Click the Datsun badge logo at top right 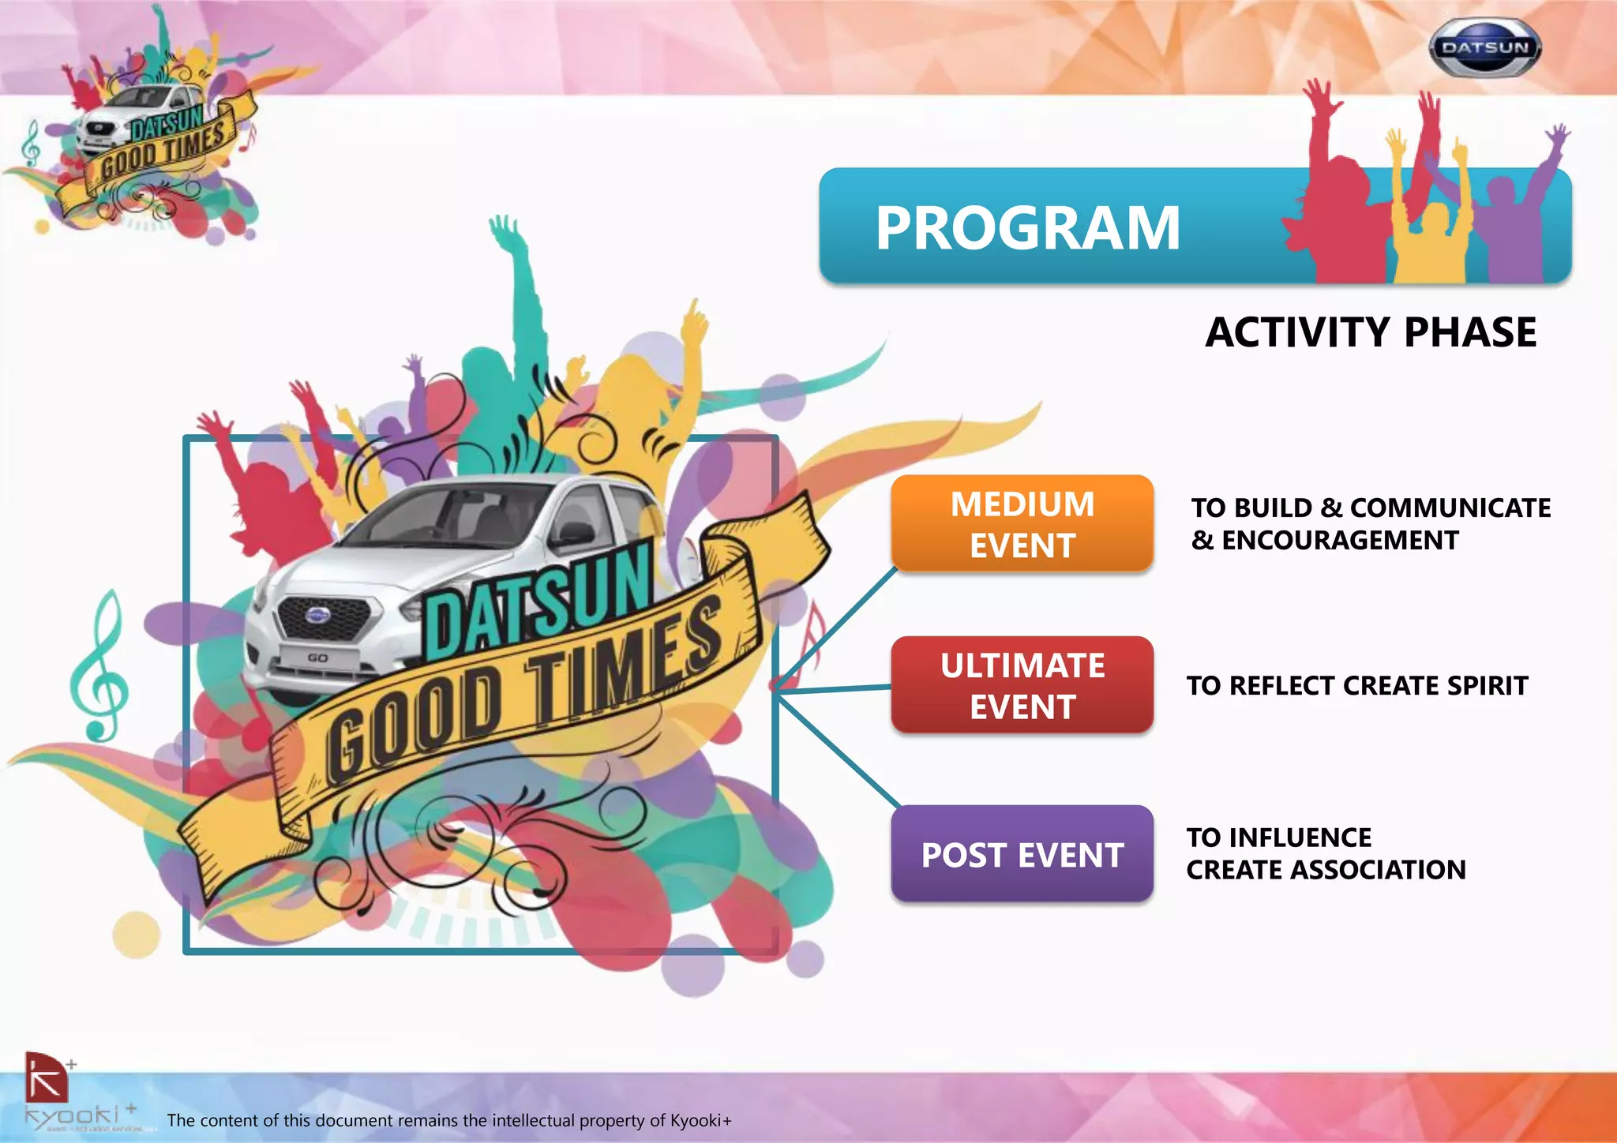[x=1484, y=48]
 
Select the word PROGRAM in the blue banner [x=1027, y=228]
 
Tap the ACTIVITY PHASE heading [x=1371, y=332]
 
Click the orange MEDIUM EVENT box [x=1022, y=524]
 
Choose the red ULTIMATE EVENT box [x=1022, y=685]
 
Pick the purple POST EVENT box [x=1022, y=855]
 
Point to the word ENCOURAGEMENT [x=1340, y=541]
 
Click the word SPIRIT [x=1488, y=686]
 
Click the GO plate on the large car [x=317, y=658]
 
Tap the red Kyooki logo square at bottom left [x=46, y=1077]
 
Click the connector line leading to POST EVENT [x=837, y=750]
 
